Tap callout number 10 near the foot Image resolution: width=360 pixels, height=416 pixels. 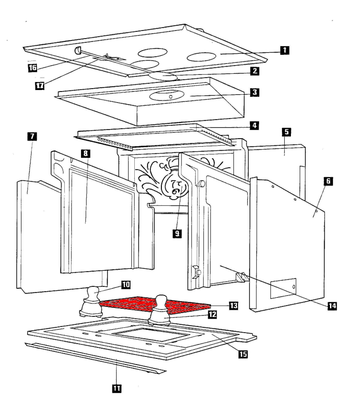[x=126, y=285]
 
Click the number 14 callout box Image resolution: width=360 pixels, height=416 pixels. [x=328, y=307]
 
